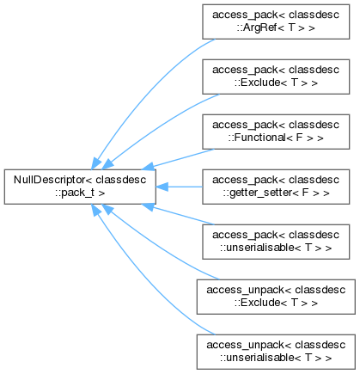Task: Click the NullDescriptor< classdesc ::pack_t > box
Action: point(80,187)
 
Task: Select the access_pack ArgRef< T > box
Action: point(276,21)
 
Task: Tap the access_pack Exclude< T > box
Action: point(276,77)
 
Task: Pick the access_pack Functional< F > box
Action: point(276,132)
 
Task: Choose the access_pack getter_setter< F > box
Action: point(276,187)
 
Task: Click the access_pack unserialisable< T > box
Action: point(276,242)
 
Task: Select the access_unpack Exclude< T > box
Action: point(276,297)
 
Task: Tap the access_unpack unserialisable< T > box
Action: point(276,352)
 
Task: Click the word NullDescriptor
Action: point(50,180)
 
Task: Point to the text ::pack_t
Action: point(75,193)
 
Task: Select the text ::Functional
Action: point(256,138)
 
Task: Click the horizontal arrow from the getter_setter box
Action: point(180,187)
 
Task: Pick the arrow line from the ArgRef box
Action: point(146,92)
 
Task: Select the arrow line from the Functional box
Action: point(178,159)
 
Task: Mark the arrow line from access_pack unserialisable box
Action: point(178,214)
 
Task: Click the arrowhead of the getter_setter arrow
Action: point(162,187)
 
